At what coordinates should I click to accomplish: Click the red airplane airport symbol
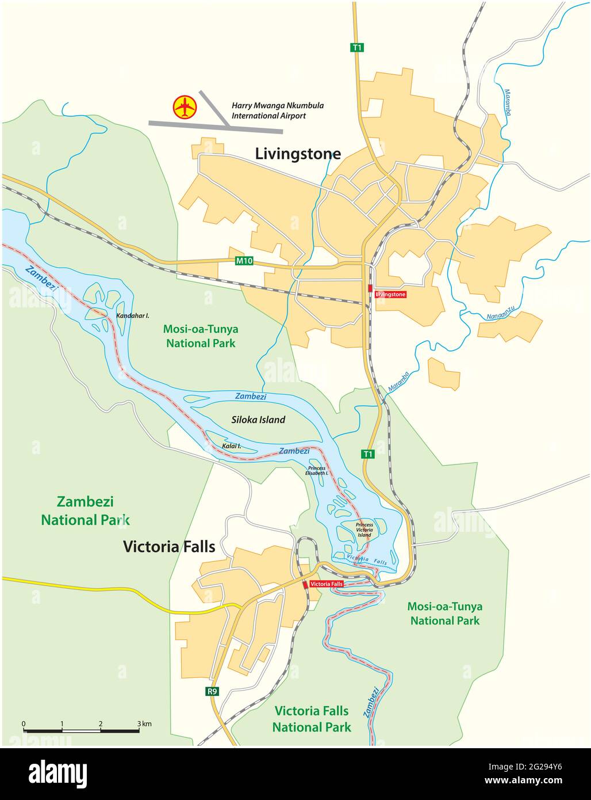point(185,107)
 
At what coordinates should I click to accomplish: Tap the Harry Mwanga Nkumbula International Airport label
point(277,111)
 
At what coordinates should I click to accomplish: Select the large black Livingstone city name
point(298,154)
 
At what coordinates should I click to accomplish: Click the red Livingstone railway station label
point(390,294)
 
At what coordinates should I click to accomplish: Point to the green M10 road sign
point(244,261)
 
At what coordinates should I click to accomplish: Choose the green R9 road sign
point(213,691)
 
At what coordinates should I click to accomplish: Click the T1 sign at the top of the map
point(358,48)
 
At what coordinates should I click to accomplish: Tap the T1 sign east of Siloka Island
point(368,454)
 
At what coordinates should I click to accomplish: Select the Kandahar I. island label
point(133,316)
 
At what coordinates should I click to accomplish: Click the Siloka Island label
point(258,420)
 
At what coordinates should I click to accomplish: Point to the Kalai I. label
point(231,446)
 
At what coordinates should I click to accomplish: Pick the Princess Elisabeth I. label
point(317,470)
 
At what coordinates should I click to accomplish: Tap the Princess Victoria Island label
point(364,529)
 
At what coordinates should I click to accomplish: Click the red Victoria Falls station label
point(326,584)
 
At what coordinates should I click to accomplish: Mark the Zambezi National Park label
point(85,511)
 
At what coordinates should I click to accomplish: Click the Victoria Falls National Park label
point(312,719)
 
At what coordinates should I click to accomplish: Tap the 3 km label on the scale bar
point(144,723)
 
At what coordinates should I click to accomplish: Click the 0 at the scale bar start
point(24,723)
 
